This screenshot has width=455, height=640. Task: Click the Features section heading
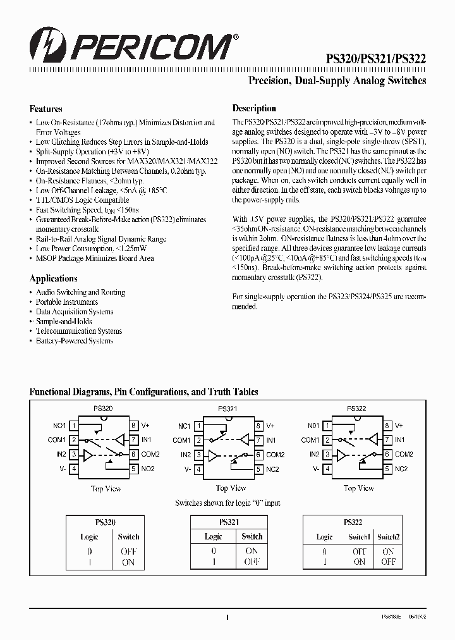tap(46, 109)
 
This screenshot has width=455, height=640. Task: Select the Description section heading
tap(254, 108)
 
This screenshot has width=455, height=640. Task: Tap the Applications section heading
tap(54, 279)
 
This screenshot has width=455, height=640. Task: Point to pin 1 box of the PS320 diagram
tap(74, 426)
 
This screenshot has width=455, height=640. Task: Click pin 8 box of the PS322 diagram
tap(387, 426)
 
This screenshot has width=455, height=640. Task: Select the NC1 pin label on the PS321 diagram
tap(185, 426)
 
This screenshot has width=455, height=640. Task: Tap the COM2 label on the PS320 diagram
tap(150, 455)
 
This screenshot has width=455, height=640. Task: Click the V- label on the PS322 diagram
tap(313, 469)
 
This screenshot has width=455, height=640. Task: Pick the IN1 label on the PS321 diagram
tap(271, 440)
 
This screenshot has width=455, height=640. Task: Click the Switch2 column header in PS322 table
tap(389, 537)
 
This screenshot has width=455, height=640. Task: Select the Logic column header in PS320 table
tap(89, 537)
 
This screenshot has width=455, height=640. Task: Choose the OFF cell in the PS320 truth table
tap(128, 551)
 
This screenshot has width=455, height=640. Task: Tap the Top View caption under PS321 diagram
tap(231, 488)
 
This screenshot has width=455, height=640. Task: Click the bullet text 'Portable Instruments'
tap(67, 302)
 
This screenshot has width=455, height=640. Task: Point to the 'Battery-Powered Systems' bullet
tap(75, 341)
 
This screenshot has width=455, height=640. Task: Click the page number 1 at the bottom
tap(227, 618)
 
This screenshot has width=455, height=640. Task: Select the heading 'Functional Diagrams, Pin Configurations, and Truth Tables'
tap(144, 392)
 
